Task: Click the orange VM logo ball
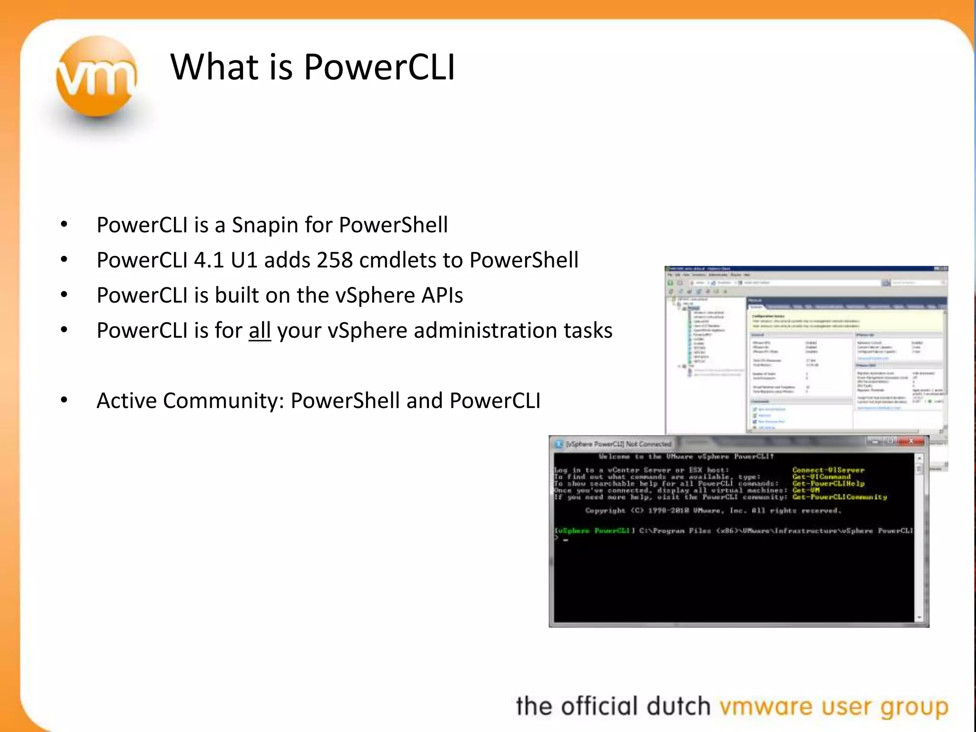pyautogui.click(x=97, y=76)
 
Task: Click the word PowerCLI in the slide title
pyautogui.click(x=379, y=67)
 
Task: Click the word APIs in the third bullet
pyautogui.click(x=442, y=295)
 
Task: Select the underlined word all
pyautogui.click(x=260, y=330)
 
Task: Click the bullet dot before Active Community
pyautogui.click(x=64, y=401)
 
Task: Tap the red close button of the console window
pyautogui.click(x=911, y=442)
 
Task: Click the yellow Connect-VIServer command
pyautogui.click(x=828, y=470)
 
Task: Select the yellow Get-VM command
pyautogui.click(x=806, y=490)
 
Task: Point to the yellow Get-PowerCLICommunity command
pyautogui.click(x=840, y=497)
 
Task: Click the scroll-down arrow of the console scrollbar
pyautogui.click(x=919, y=618)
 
